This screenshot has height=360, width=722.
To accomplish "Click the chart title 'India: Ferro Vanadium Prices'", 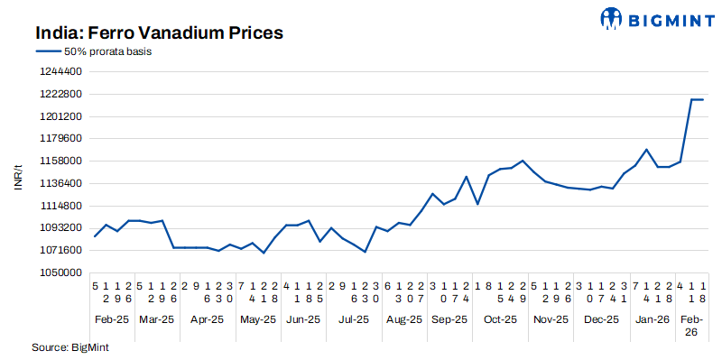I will coord(160,33).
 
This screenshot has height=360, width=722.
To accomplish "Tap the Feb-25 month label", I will coord(112,319).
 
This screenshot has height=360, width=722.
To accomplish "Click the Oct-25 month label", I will coord(499,319).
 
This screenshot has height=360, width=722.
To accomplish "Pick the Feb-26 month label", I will coord(691,326).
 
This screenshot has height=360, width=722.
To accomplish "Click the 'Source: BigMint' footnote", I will coord(69,347).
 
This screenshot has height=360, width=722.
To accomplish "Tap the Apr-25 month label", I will coord(207,319).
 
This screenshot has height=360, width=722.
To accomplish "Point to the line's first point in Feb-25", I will coord(95,236).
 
